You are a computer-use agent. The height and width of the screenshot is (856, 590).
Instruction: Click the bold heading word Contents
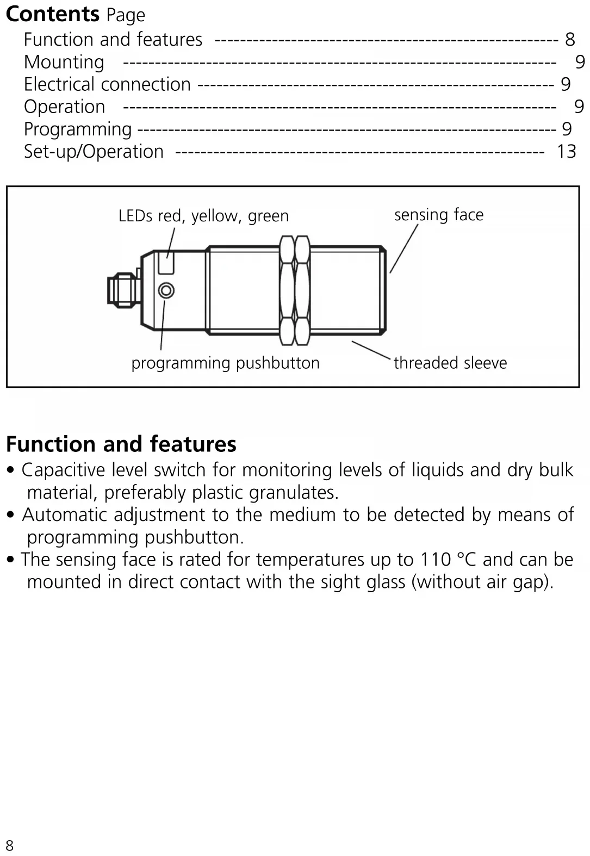(53, 14)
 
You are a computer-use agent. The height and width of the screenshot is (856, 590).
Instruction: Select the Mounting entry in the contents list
(64, 62)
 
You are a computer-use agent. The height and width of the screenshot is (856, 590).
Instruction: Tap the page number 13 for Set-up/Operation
(566, 151)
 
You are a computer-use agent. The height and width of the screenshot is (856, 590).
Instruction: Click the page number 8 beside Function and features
(570, 39)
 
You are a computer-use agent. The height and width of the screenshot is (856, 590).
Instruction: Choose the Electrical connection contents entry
(107, 84)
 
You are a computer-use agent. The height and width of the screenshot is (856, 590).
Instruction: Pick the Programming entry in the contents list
(78, 129)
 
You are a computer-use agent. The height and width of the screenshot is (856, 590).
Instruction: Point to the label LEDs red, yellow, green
(203, 216)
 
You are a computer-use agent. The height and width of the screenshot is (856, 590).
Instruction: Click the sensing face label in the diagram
(438, 215)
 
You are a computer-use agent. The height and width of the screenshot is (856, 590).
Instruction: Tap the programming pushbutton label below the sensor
(225, 363)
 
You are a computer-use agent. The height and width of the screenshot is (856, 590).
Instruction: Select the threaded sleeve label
(450, 363)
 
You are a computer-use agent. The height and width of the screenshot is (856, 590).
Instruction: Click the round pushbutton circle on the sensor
(166, 290)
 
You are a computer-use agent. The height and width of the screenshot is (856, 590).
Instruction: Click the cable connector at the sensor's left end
(121, 288)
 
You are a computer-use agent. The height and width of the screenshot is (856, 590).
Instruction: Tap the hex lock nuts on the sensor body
(294, 290)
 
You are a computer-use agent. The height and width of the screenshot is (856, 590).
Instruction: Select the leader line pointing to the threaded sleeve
(371, 350)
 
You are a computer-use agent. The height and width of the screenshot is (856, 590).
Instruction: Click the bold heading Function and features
(121, 444)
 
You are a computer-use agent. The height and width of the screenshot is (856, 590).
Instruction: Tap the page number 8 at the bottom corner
(9, 845)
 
